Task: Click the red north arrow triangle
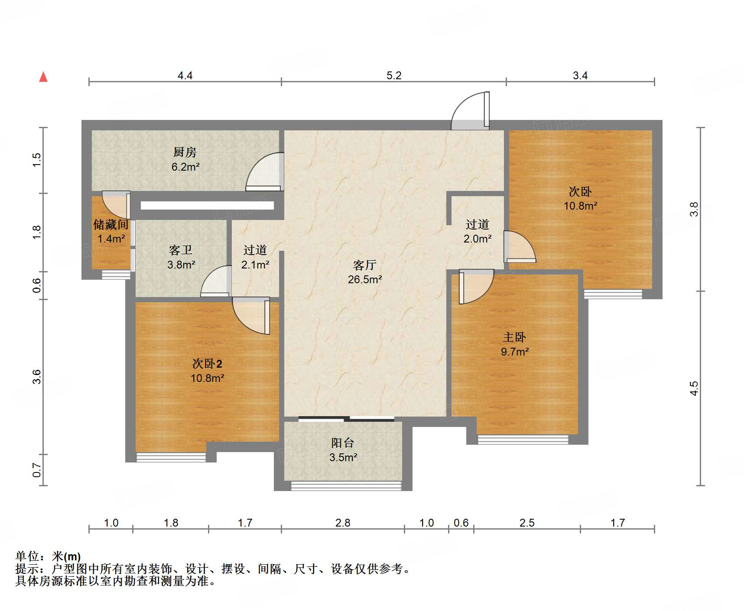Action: coord(43,77)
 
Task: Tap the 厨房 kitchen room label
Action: coord(185,152)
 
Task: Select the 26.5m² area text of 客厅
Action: coord(365,280)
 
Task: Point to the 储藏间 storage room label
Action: coord(111,224)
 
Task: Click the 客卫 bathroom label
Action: coord(181,250)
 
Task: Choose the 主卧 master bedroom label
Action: coord(514,337)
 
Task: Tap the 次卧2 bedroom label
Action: coord(207,364)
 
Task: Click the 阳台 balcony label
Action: coord(343,443)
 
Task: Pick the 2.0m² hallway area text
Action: coord(478,239)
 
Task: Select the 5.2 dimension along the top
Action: coord(394,76)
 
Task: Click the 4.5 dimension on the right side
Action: coord(694,388)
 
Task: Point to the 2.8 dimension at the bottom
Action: coord(343,523)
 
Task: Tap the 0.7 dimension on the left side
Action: coord(37,470)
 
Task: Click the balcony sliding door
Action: coord(346,418)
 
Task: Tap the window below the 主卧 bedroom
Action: coord(523,440)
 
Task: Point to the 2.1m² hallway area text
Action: coord(255,265)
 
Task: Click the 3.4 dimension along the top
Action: coord(580,76)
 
